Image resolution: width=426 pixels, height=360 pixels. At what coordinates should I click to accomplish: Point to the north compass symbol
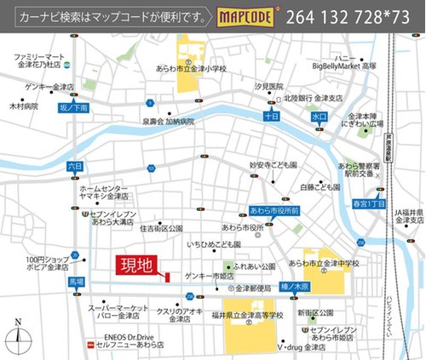(x=17, y=339)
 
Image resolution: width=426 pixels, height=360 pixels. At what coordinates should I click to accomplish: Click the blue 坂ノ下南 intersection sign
(x=73, y=108)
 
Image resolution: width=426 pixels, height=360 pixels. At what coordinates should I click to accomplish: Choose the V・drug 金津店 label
(x=305, y=348)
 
